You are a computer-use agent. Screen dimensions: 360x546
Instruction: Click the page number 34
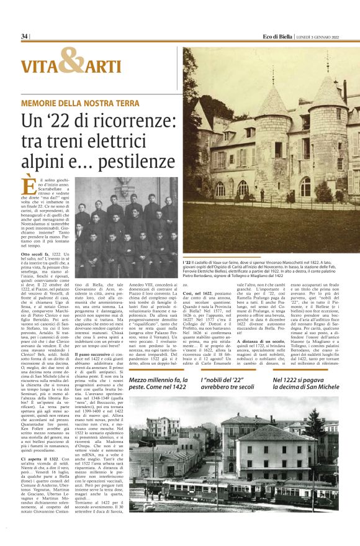point(24,37)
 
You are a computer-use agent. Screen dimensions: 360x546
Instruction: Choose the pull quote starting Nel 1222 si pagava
point(305,384)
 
